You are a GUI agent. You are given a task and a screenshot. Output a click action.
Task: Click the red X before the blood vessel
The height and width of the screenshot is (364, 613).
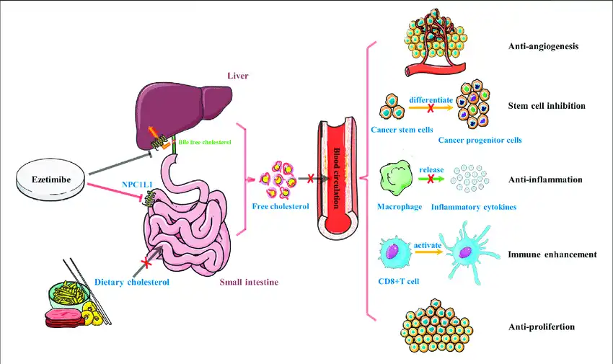311,178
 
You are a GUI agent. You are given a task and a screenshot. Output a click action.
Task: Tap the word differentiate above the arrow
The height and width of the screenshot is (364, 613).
431,99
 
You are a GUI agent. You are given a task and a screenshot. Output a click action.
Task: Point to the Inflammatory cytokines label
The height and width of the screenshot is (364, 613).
474,208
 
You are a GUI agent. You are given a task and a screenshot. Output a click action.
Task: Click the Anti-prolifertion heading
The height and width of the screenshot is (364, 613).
541,327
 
